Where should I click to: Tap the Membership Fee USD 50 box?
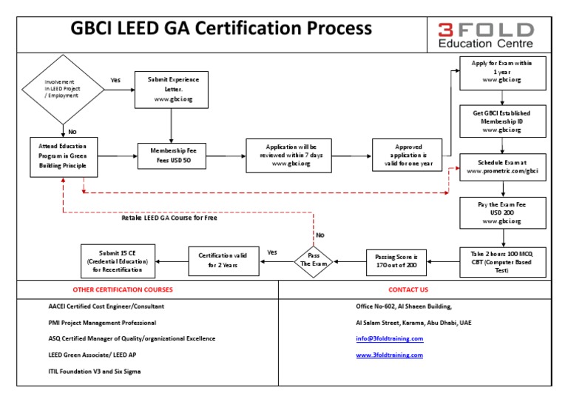pos(171,156)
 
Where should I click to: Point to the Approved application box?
pos(408,156)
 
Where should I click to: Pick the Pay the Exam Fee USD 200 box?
pos(502,211)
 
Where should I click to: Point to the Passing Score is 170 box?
pos(396,260)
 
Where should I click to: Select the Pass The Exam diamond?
pos(314,260)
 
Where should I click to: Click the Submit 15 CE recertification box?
pos(118,260)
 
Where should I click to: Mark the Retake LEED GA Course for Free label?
pos(169,218)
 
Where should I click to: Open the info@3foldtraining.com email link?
pos(390,338)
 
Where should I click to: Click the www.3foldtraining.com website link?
pos(390,355)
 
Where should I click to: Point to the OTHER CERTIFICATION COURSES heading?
pos(123,289)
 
